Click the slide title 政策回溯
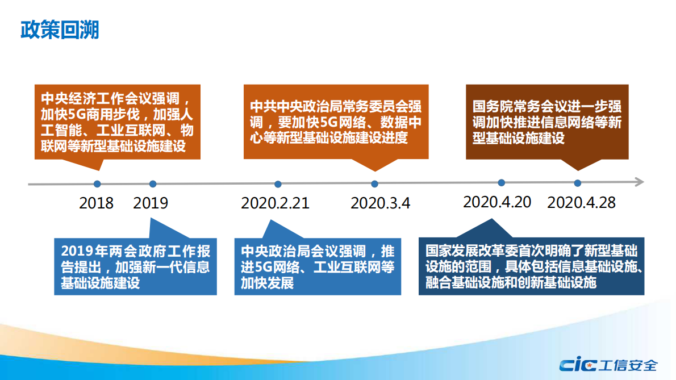60,30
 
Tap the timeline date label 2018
97,203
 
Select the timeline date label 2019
151,203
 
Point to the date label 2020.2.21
276,203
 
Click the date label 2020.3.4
380,203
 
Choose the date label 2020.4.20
497,202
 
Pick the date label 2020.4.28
581,202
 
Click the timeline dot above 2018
97,184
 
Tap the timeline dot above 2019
153,184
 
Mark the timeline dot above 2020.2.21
278,184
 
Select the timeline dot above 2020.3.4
374,184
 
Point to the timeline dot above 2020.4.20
502,183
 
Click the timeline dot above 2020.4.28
578,183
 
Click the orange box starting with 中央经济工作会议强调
116,122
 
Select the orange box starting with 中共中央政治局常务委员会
336,122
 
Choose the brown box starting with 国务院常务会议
547,122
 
